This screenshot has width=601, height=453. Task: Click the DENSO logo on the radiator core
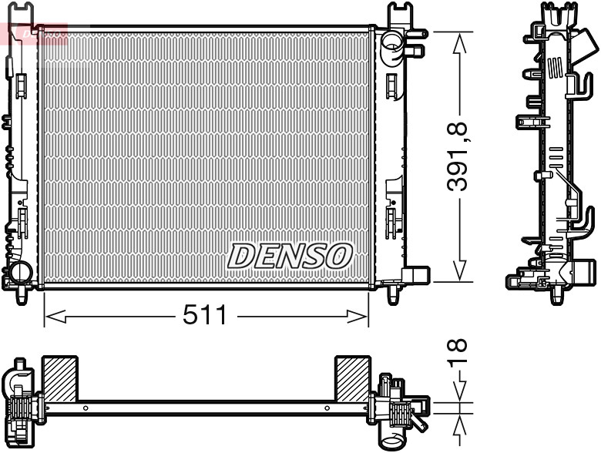point(290,256)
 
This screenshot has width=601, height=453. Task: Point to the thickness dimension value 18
point(461,353)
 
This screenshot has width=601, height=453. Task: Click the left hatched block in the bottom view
point(59,378)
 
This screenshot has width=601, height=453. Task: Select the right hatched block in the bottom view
point(352,378)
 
